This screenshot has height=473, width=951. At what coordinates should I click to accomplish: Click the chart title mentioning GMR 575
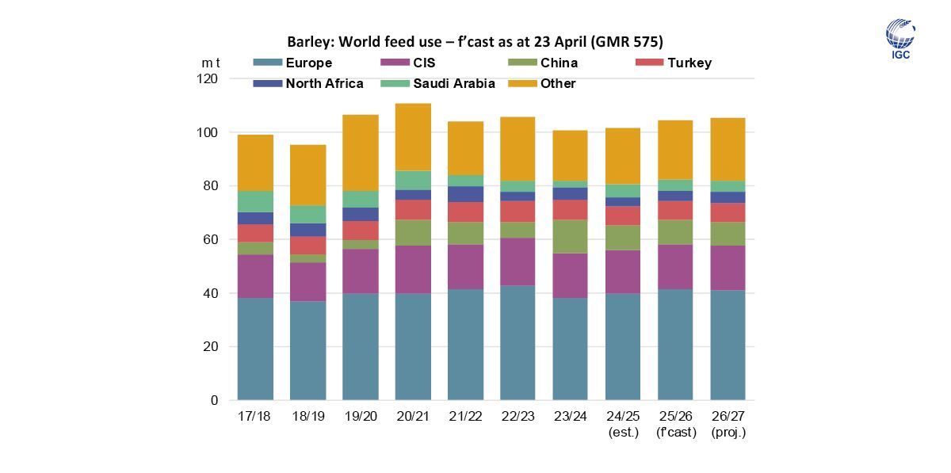point(475,41)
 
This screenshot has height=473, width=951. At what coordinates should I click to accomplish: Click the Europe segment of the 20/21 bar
point(413,346)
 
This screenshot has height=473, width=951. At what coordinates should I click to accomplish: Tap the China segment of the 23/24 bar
point(570,236)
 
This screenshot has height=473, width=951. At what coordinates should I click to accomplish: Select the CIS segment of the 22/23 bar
point(518,261)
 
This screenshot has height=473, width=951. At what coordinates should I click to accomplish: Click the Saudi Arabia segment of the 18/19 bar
point(308,214)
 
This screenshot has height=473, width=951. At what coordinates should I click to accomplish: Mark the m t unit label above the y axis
point(211,63)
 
